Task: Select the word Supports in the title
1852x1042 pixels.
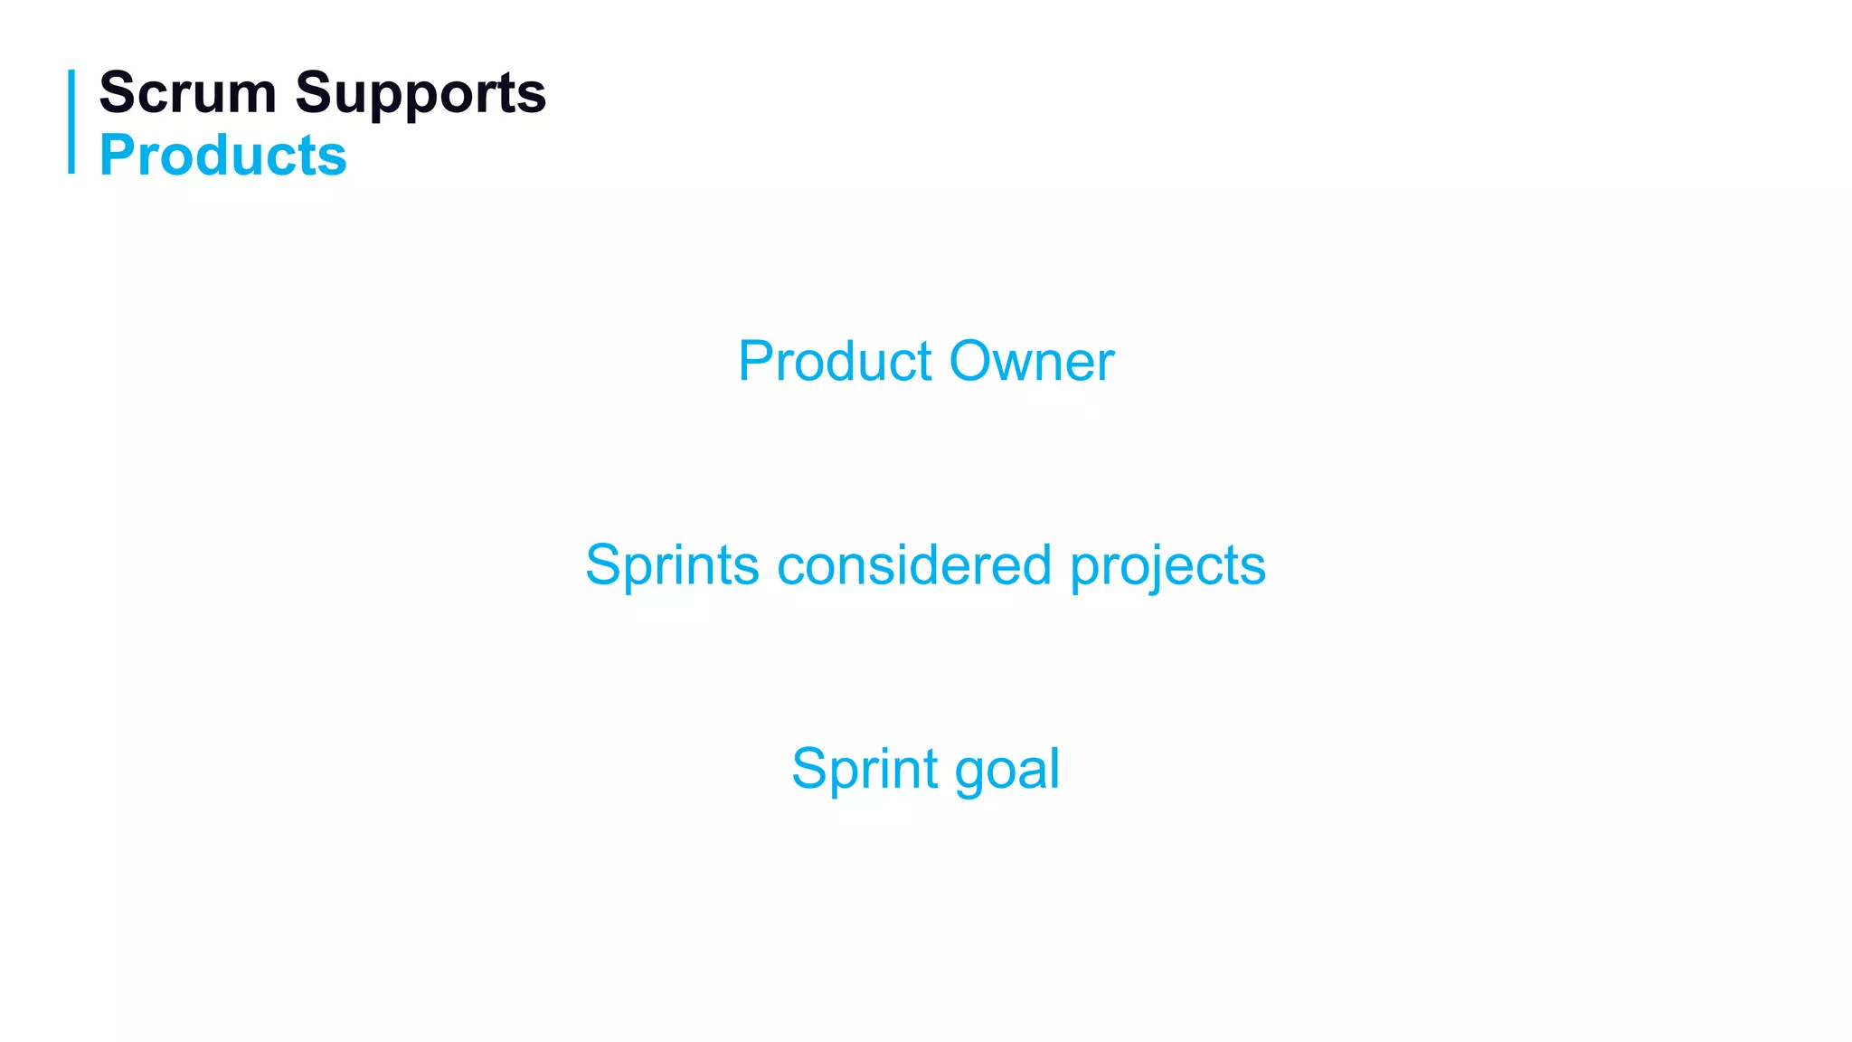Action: tap(420, 94)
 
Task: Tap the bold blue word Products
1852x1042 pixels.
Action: tap(222, 155)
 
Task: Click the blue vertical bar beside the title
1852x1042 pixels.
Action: tap(71, 121)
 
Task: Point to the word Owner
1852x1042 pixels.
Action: tap(1032, 361)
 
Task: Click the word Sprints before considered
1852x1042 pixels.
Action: tap(672, 565)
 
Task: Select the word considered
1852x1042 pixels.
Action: tap(914, 565)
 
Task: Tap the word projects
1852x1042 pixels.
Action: tap(1167, 567)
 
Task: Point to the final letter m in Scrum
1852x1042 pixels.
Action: tap(251, 96)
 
